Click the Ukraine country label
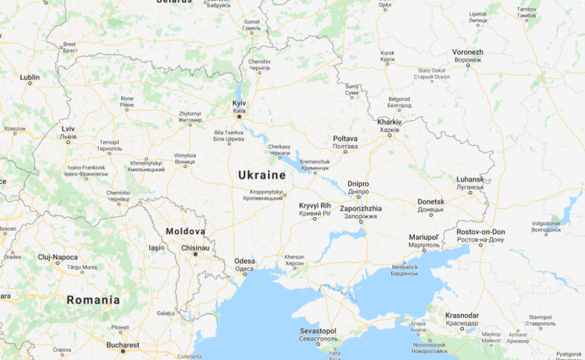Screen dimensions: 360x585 tap(262, 175)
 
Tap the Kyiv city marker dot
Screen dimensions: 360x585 tap(239, 117)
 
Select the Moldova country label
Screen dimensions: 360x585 tap(185, 231)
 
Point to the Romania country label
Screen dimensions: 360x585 tap(93, 300)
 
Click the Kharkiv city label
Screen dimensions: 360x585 tap(390, 122)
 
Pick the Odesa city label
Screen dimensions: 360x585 tap(245, 262)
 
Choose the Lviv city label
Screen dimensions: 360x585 tap(68, 129)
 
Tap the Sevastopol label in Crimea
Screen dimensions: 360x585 tap(318, 331)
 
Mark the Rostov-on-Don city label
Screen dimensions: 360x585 tap(480, 232)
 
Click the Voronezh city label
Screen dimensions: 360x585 tap(468, 53)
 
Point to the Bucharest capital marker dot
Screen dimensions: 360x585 tap(123, 351)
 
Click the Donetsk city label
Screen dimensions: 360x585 tap(431, 202)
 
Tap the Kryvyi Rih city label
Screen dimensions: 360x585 tap(315, 206)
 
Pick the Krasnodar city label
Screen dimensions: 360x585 tap(462, 315)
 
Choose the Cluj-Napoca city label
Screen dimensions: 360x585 tap(57, 257)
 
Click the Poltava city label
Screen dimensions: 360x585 tap(345, 139)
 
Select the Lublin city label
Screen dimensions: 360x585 tap(30, 77)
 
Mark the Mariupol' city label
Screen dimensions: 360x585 tap(423, 237)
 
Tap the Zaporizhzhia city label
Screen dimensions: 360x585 tap(360, 209)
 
